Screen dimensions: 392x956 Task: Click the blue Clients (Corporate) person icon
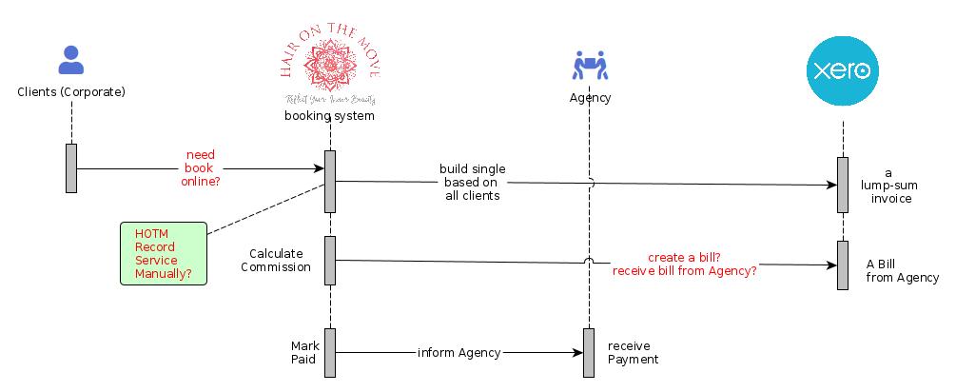pyautogui.click(x=70, y=60)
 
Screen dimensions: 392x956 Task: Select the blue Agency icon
pyautogui.click(x=590, y=66)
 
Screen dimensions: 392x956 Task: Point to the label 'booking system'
pyautogui.click(x=329, y=116)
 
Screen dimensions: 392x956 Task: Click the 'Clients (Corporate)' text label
pyautogui.click(x=71, y=92)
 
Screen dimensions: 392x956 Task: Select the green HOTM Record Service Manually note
pyautogui.click(x=164, y=253)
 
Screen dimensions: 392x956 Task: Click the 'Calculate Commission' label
pyautogui.click(x=276, y=260)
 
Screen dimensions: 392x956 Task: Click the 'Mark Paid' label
pyautogui.click(x=304, y=352)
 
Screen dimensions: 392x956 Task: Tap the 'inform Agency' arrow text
pyautogui.click(x=458, y=353)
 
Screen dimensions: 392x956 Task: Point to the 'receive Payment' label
pyautogui.click(x=633, y=352)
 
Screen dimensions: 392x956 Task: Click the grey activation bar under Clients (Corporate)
pyautogui.click(x=71, y=168)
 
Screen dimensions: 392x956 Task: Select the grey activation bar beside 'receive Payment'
pyautogui.click(x=590, y=352)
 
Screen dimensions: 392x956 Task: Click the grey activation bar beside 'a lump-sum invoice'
pyautogui.click(x=842, y=185)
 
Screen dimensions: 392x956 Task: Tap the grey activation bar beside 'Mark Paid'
pyautogui.click(x=330, y=352)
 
